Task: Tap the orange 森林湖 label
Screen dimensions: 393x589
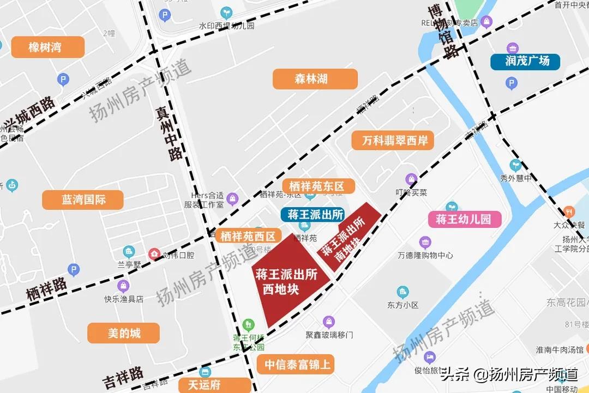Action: point(315,79)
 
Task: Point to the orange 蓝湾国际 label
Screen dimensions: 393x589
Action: point(84,199)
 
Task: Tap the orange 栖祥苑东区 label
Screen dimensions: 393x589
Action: point(318,186)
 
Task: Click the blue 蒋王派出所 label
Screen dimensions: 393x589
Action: point(312,214)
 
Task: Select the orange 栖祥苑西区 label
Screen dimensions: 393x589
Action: point(248,236)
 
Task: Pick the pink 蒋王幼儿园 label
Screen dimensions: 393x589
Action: point(464,219)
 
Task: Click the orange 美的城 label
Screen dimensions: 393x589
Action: point(124,332)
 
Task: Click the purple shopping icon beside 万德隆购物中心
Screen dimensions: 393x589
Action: point(425,242)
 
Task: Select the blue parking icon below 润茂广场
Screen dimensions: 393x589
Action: point(511,83)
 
